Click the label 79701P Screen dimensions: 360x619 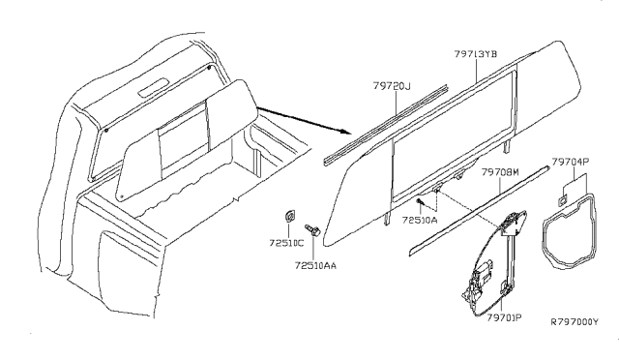coord(503,315)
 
